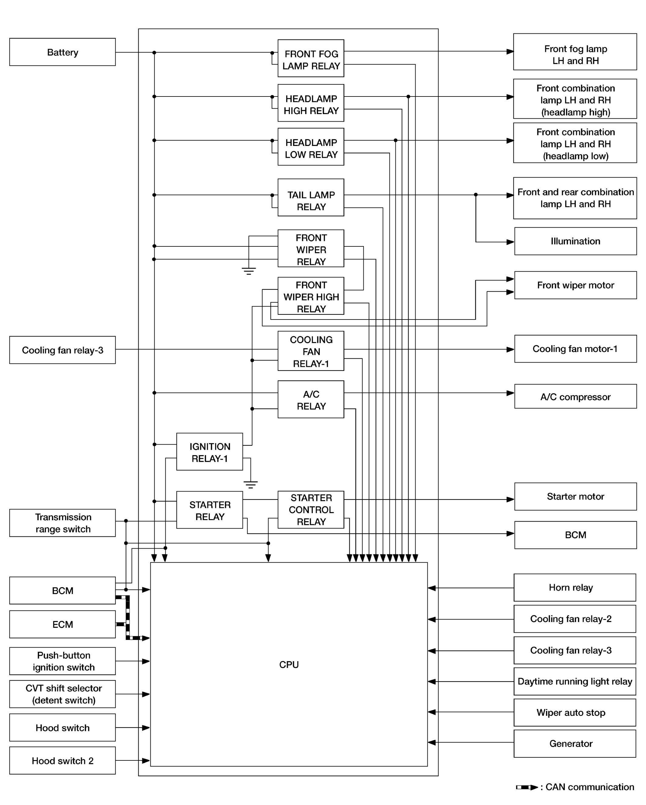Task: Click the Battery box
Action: coord(62,52)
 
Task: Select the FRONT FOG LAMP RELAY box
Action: coord(311,58)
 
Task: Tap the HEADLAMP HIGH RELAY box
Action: coord(311,103)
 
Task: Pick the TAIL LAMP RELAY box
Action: coord(311,198)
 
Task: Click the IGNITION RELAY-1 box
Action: coord(210,452)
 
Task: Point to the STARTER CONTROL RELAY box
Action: coord(311,510)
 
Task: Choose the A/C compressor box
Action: coord(575,396)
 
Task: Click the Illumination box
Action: coord(575,241)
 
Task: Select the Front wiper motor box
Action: coord(575,285)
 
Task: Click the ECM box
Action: coord(62,624)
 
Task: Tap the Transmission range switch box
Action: coord(62,523)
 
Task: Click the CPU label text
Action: coord(289,665)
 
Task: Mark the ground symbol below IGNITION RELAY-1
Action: coord(251,485)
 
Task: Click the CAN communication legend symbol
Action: coord(527,787)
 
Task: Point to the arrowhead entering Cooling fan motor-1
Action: coord(510,350)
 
